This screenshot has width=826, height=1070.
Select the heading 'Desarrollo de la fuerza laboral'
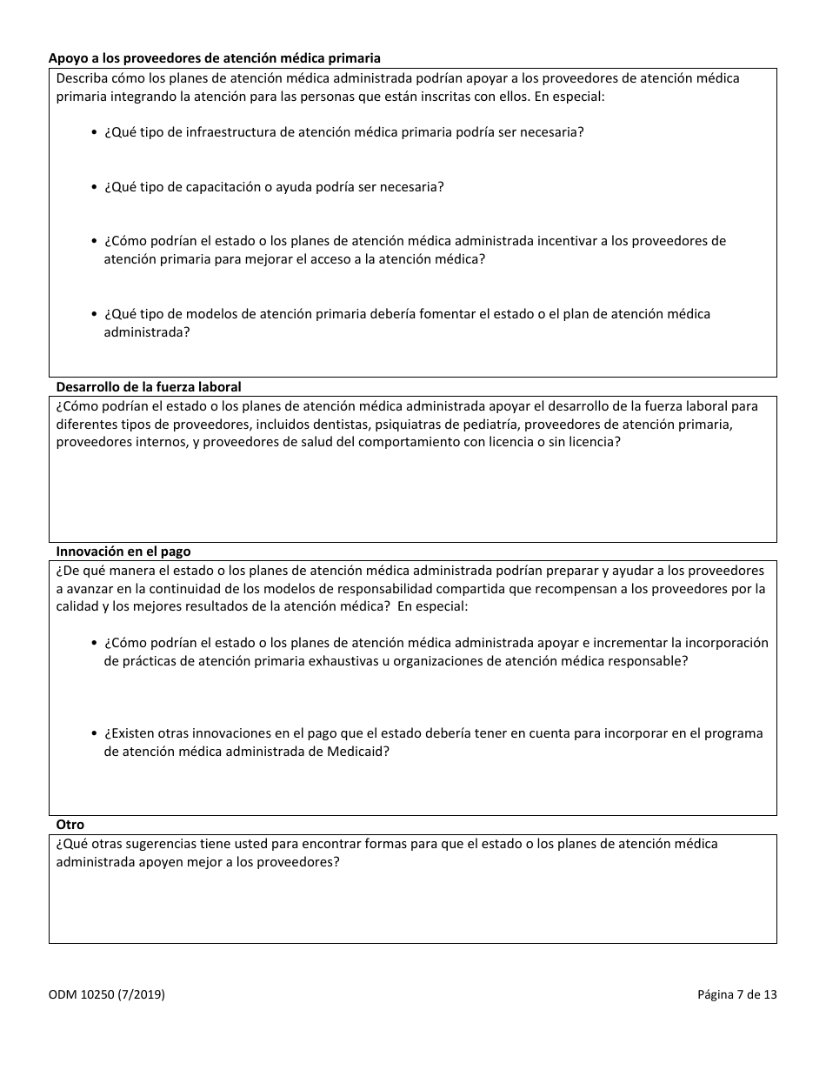pyautogui.click(x=149, y=386)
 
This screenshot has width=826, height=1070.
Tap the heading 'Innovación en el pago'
pyautogui.click(x=123, y=551)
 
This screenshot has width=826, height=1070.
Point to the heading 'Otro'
pyautogui.click(x=70, y=824)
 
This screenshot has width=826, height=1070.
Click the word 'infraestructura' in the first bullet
pyautogui.click(x=225, y=133)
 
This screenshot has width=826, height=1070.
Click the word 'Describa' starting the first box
pyautogui.click(x=81, y=78)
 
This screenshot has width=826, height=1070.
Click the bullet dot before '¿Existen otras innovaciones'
pyautogui.click(x=94, y=733)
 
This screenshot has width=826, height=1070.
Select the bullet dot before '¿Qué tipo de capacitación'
pyautogui.click(x=94, y=187)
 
